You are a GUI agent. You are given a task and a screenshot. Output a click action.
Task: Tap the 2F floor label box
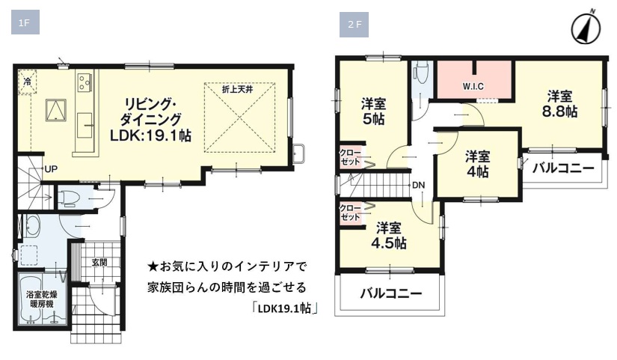coord(354,25)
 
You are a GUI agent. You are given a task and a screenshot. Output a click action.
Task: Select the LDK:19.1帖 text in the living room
coord(150,136)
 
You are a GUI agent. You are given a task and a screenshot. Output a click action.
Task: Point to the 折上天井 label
coord(237,89)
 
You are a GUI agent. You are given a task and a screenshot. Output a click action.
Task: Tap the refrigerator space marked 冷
coord(27,82)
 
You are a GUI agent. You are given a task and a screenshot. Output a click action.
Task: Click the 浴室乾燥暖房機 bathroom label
coord(40,299)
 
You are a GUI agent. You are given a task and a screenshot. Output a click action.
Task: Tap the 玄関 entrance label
coord(99,263)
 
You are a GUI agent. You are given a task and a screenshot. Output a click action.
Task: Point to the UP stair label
coord(51,169)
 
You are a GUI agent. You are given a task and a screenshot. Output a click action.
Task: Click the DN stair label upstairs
coord(419,185)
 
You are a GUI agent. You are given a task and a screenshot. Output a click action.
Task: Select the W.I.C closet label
coord(473,86)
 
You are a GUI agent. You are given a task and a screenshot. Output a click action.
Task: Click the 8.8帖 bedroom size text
coord(559,112)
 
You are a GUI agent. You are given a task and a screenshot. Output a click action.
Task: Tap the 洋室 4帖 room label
coord(477,164)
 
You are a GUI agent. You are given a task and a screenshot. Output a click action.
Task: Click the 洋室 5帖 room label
coord(373,112)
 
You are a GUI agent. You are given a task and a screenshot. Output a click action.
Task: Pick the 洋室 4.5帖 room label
coord(389,236)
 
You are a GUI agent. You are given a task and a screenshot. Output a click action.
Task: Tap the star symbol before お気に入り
coord(153,267)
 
